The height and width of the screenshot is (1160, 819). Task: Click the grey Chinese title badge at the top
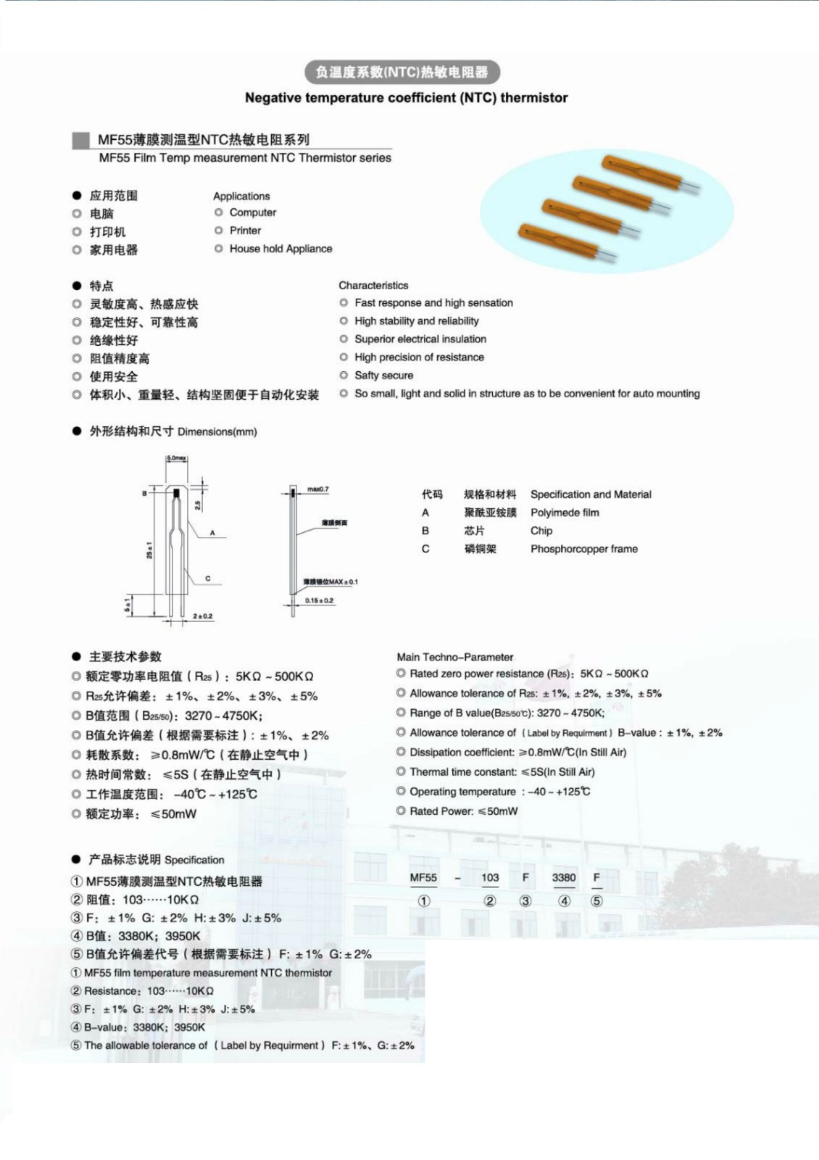(402, 72)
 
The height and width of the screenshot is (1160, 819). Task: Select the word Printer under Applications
(245, 231)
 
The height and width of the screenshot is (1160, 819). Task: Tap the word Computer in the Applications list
(252, 212)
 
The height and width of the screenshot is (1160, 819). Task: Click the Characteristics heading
(373, 285)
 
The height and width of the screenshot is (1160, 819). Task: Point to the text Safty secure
(383, 376)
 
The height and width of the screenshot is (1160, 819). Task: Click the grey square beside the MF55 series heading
(80, 140)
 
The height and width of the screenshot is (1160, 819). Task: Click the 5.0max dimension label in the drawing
(176, 458)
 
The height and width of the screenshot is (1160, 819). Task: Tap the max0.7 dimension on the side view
(317, 489)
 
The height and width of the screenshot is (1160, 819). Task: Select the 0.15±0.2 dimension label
(319, 600)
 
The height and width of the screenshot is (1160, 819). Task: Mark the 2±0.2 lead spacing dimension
(203, 616)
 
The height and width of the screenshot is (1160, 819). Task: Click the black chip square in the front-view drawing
(176, 494)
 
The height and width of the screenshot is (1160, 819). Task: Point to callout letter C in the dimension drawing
(208, 578)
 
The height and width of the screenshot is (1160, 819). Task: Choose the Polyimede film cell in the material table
(565, 513)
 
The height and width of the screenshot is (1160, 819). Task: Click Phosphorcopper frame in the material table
(583, 549)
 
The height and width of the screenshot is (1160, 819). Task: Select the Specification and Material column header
(591, 494)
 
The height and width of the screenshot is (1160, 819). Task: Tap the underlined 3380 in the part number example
(564, 877)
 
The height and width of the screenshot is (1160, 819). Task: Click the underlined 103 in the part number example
(490, 877)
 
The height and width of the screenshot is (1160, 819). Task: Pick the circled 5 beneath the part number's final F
(596, 901)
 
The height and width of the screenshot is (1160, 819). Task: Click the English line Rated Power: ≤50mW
(463, 811)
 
